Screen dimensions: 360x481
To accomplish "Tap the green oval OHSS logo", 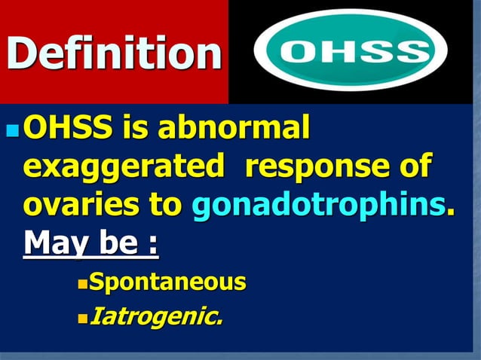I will [x=351, y=50].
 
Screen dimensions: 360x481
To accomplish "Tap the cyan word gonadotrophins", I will [x=319, y=205].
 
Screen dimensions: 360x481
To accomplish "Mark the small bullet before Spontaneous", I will [x=82, y=284].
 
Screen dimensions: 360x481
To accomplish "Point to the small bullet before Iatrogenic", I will [x=82, y=317].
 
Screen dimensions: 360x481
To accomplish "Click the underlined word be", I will [x=117, y=243].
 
